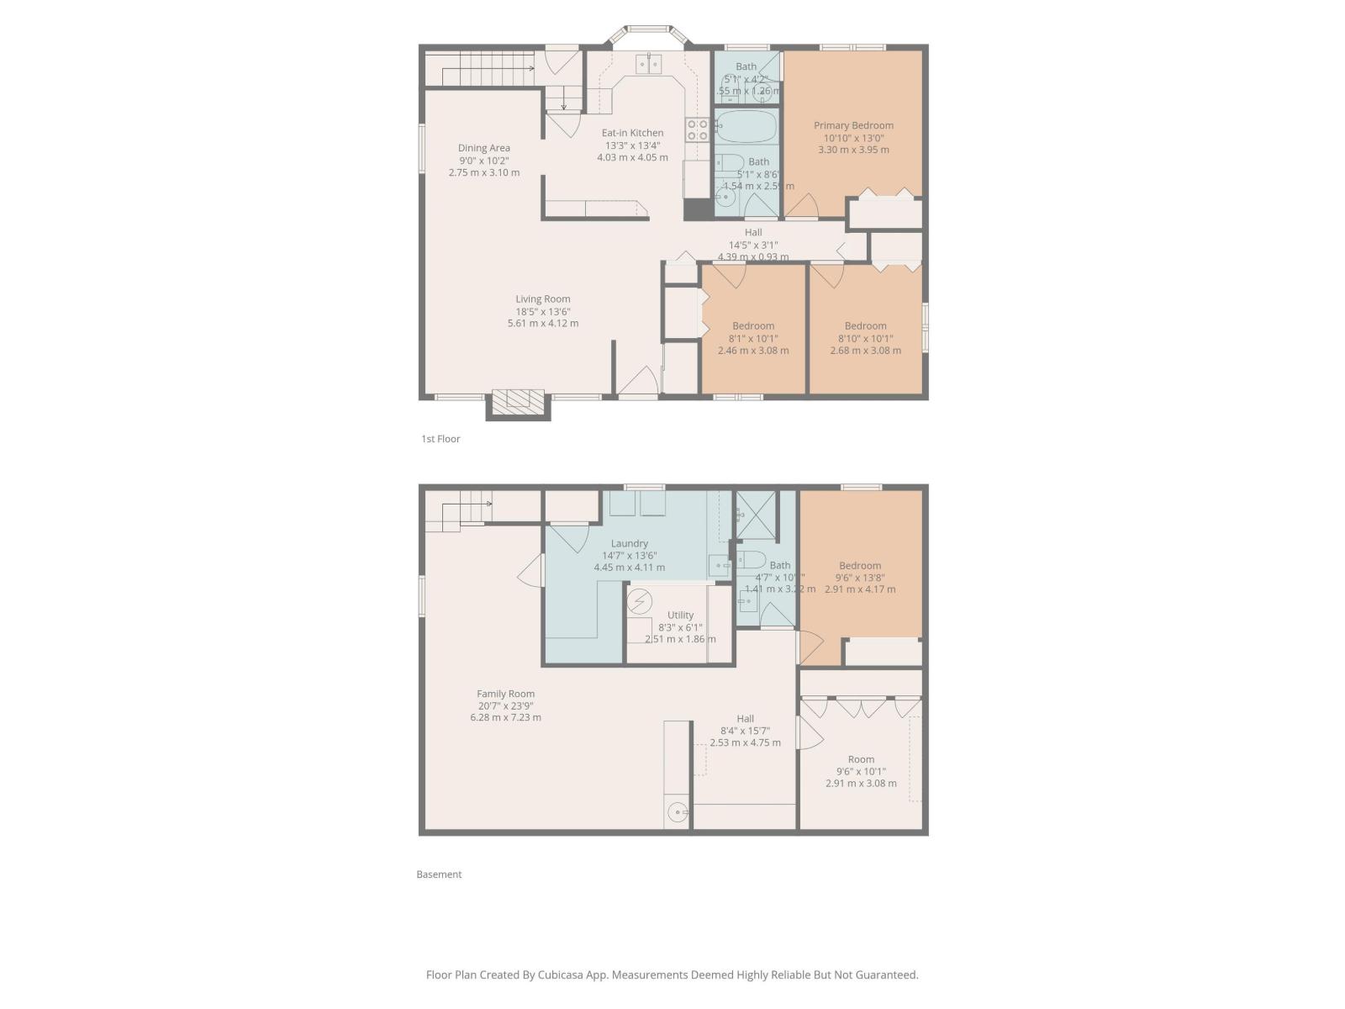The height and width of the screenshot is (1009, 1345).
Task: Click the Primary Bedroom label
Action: pyautogui.click(x=853, y=125)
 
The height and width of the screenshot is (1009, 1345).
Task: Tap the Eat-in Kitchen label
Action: pyautogui.click(x=632, y=133)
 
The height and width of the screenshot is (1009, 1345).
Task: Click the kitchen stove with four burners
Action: pyautogui.click(x=697, y=129)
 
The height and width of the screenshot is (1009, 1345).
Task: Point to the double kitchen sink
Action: pyautogui.click(x=648, y=64)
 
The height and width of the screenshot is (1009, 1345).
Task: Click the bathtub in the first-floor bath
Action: pyautogui.click(x=746, y=127)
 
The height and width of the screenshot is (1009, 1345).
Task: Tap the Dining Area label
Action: pyautogui.click(x=483, y=148)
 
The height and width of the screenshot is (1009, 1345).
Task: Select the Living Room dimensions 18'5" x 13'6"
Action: pyautogui.click(x=543, y=311)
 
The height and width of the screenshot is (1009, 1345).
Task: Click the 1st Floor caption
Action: pyautogui.click(x=440, y=439)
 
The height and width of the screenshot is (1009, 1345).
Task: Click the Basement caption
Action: pyautogui.click(x=439, y=874)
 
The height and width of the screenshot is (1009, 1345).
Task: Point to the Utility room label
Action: pyautogui.click(x=680, y=615)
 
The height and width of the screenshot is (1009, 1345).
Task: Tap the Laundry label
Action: pyautogui.click(x=629, y=544)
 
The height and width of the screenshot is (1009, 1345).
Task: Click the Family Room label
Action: pyautogui.click(x=505, y=695)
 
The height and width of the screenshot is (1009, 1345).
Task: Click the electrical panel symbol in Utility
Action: pyautogui.click(x=640, y=602)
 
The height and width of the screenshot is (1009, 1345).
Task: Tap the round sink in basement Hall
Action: pyautogui.click(x=677, y=812)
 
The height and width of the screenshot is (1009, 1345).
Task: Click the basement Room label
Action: pyautogui.click(x=861, y=759)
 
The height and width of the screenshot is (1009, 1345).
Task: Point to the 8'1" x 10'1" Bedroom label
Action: pyautogui.click(x=753, y=326)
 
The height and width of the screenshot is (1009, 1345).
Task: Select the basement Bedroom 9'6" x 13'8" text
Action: pyautogui.click(x=860, y=578)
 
